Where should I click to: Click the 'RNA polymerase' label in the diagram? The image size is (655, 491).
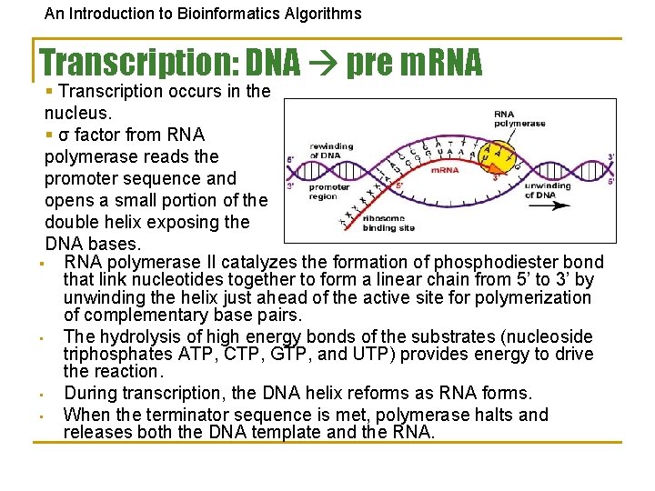click(519, 119)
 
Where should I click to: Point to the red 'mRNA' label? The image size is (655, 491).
click(444, 170)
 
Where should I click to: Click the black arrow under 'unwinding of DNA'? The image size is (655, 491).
click(551, 205)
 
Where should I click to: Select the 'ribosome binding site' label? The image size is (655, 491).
click(388, 223)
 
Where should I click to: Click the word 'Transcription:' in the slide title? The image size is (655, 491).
click(136, 62)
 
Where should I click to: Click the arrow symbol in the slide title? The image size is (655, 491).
click(322, 62)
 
